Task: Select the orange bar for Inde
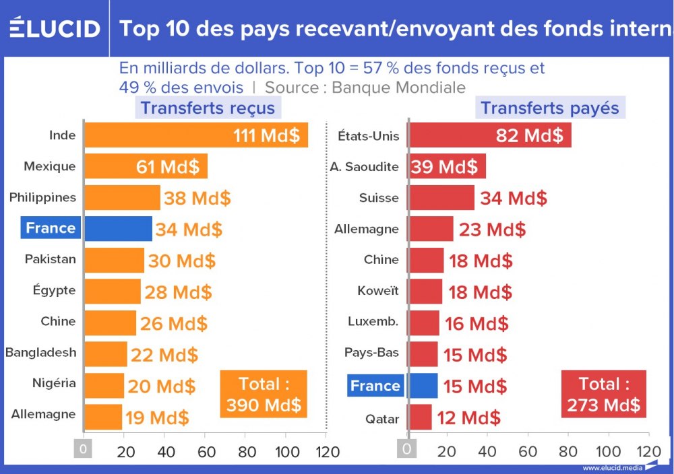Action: point(195,135)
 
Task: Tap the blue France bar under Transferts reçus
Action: point(118,228)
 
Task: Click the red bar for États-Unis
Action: point(489,135)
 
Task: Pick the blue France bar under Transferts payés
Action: point(423,386)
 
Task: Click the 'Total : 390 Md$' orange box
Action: point(264,395)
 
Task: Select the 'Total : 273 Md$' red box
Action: point(603,395)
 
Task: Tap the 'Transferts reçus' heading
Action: point(208,108)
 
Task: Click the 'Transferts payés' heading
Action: point(550,108)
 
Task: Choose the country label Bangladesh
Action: point(40,352)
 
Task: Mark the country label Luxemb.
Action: point(373,322)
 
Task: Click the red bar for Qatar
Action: point(420,417)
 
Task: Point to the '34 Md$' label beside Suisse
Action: point(513,198)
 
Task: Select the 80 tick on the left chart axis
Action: point(247,450)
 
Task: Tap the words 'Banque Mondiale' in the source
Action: point(398,87)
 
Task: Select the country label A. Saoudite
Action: point(365,166)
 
